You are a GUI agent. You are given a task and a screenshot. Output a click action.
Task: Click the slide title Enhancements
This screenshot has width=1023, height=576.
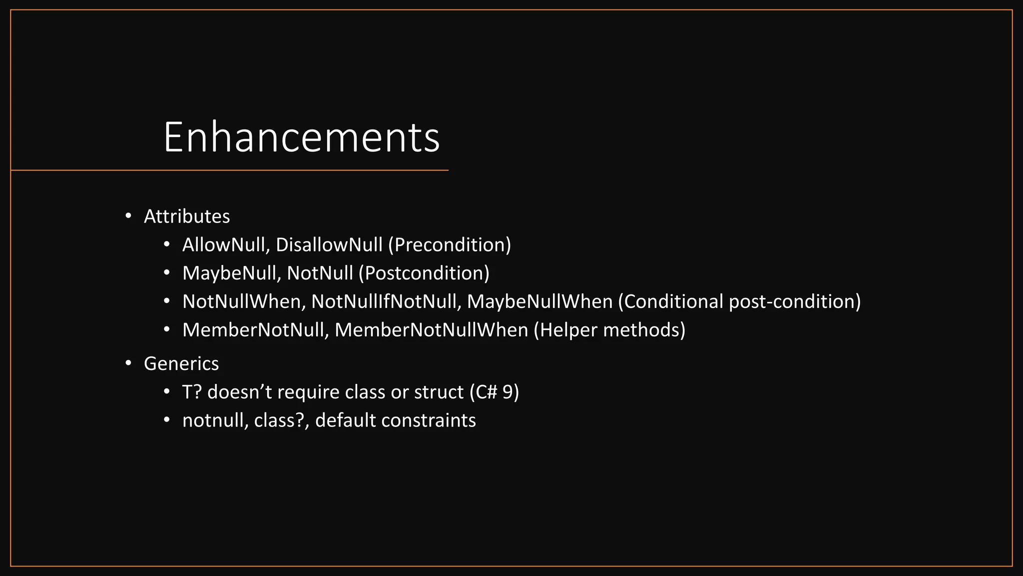click(301, 137)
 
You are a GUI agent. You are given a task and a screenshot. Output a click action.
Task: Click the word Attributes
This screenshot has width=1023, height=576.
click(187, 216)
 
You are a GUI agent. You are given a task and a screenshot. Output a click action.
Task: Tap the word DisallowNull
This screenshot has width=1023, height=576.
click(329, 245)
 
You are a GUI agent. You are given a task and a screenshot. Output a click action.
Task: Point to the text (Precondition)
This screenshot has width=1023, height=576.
click(449, 245)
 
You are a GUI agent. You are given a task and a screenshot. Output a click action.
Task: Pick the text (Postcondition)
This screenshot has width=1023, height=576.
click(424, 273)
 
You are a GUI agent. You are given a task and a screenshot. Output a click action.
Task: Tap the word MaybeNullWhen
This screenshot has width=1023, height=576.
click(539, 302)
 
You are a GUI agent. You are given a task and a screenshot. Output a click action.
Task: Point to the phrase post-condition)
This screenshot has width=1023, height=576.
click(795, 302)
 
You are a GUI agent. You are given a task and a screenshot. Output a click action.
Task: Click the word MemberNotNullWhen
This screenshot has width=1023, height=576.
click(431, 330)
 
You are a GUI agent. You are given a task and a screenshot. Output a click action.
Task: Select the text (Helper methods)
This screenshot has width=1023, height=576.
click(609, 330)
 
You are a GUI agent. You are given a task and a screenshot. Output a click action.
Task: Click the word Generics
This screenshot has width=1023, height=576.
click(181, 363)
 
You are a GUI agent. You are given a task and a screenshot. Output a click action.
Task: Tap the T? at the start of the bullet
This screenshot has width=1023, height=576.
click(192, 392)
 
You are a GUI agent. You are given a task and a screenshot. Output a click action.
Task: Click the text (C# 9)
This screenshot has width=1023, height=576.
click(494, 392)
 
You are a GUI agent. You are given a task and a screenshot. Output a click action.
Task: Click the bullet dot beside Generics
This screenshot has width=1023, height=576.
click(128, 363)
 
